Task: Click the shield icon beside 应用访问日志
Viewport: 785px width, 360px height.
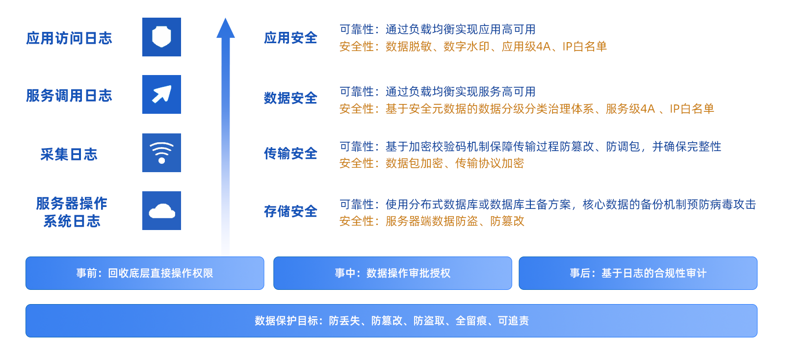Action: click(161, 37)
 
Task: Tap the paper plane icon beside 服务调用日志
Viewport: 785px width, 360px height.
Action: click(161, 94)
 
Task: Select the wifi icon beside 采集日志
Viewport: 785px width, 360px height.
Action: click(161, 153)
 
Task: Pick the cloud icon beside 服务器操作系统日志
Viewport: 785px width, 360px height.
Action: click(161, 210)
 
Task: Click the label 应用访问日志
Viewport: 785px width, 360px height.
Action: click(69, 38)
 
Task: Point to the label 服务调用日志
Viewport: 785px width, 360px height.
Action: click(69, 96)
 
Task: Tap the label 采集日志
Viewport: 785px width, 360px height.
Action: click(69, 154)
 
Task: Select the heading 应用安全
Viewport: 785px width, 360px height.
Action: click(290, 38)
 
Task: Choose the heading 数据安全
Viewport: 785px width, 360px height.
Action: click(290, 98)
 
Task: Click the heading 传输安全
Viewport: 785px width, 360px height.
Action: click(290, 154)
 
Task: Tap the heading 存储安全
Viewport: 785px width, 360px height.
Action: click(290, 211)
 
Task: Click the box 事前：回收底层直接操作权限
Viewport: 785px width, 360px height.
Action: click(145, 273)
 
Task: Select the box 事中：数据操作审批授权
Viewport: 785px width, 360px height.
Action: click(392, 273)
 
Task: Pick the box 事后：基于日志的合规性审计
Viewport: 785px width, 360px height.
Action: click(638, 273)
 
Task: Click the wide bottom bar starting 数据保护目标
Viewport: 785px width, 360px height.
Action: click(392, 321)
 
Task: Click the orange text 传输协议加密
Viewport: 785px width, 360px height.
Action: click(489, 163)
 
